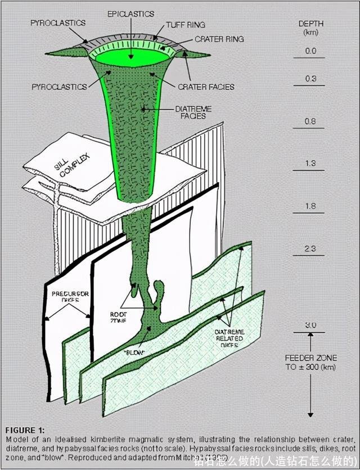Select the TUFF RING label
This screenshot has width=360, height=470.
tap(185, 25)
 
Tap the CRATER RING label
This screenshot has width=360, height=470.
tap(219, 39)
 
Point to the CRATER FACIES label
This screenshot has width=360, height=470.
tap(206, 87)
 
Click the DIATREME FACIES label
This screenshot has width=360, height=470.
tap(193, 112)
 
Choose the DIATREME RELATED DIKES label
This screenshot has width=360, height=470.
tap(229, 338)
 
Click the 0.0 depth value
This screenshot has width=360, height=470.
tap(310, 51)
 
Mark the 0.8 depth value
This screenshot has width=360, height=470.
tap(310, 121)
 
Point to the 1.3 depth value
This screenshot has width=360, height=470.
tap(310, 164)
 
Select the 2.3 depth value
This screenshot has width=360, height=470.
tap(310, 248)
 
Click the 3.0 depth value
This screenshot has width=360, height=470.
tap(310, 326)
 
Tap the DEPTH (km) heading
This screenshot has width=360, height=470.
tap(310, 28)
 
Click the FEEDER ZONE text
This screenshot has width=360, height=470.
tap(310, 358)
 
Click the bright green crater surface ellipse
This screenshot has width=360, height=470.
tap(133, 58)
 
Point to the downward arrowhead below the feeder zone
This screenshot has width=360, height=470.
tap(310, 414)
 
